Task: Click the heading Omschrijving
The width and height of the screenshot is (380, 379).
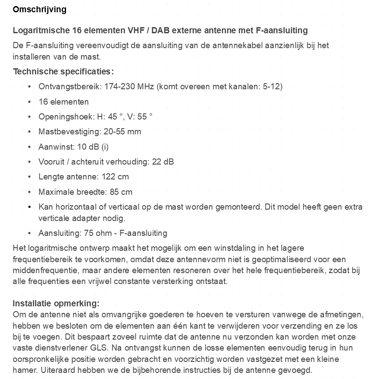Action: tap(39, 10)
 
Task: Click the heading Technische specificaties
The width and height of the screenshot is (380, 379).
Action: tap(63, 71)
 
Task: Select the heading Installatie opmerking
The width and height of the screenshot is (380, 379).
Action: tap(56, 304)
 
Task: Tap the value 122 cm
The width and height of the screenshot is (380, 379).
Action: tap(115, 177)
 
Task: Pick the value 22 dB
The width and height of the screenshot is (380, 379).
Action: tap(163, 161)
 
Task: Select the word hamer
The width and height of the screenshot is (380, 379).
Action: tap(24, 370)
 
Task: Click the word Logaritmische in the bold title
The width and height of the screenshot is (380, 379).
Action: tap(39, 31)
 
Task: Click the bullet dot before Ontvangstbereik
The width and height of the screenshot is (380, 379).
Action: tap(29, 87)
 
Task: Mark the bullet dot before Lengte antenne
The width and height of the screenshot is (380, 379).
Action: tap(29, 177)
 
